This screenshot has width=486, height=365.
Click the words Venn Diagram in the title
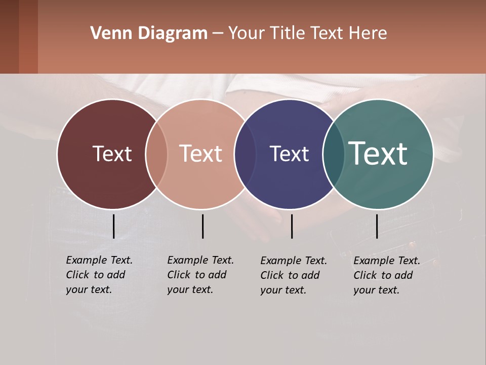[x=149, y=33]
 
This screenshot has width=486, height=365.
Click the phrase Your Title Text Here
[x=307, y=33]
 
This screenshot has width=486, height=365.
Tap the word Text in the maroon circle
[x=112, y=154]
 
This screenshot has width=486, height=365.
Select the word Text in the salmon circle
[x=200, y=154]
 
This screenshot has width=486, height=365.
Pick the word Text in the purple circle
[x=289, y=154]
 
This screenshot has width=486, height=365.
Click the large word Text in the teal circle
[x=378, y=153]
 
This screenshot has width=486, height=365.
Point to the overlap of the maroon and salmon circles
[x=156, y=154]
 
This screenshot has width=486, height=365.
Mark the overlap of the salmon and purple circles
[x=246, y=154]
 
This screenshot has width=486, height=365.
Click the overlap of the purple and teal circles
[x=334, y=154]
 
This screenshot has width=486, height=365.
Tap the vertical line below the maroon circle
[x=113, y=226]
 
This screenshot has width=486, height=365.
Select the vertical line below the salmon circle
[x=202, y=226]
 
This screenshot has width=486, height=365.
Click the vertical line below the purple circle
[x=292, y=226]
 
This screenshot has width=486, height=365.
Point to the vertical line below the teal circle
[x=377, y=226]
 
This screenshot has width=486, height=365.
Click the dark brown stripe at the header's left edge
[x=9, y=36]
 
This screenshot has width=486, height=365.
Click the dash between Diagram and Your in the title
[x=218, y=34]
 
